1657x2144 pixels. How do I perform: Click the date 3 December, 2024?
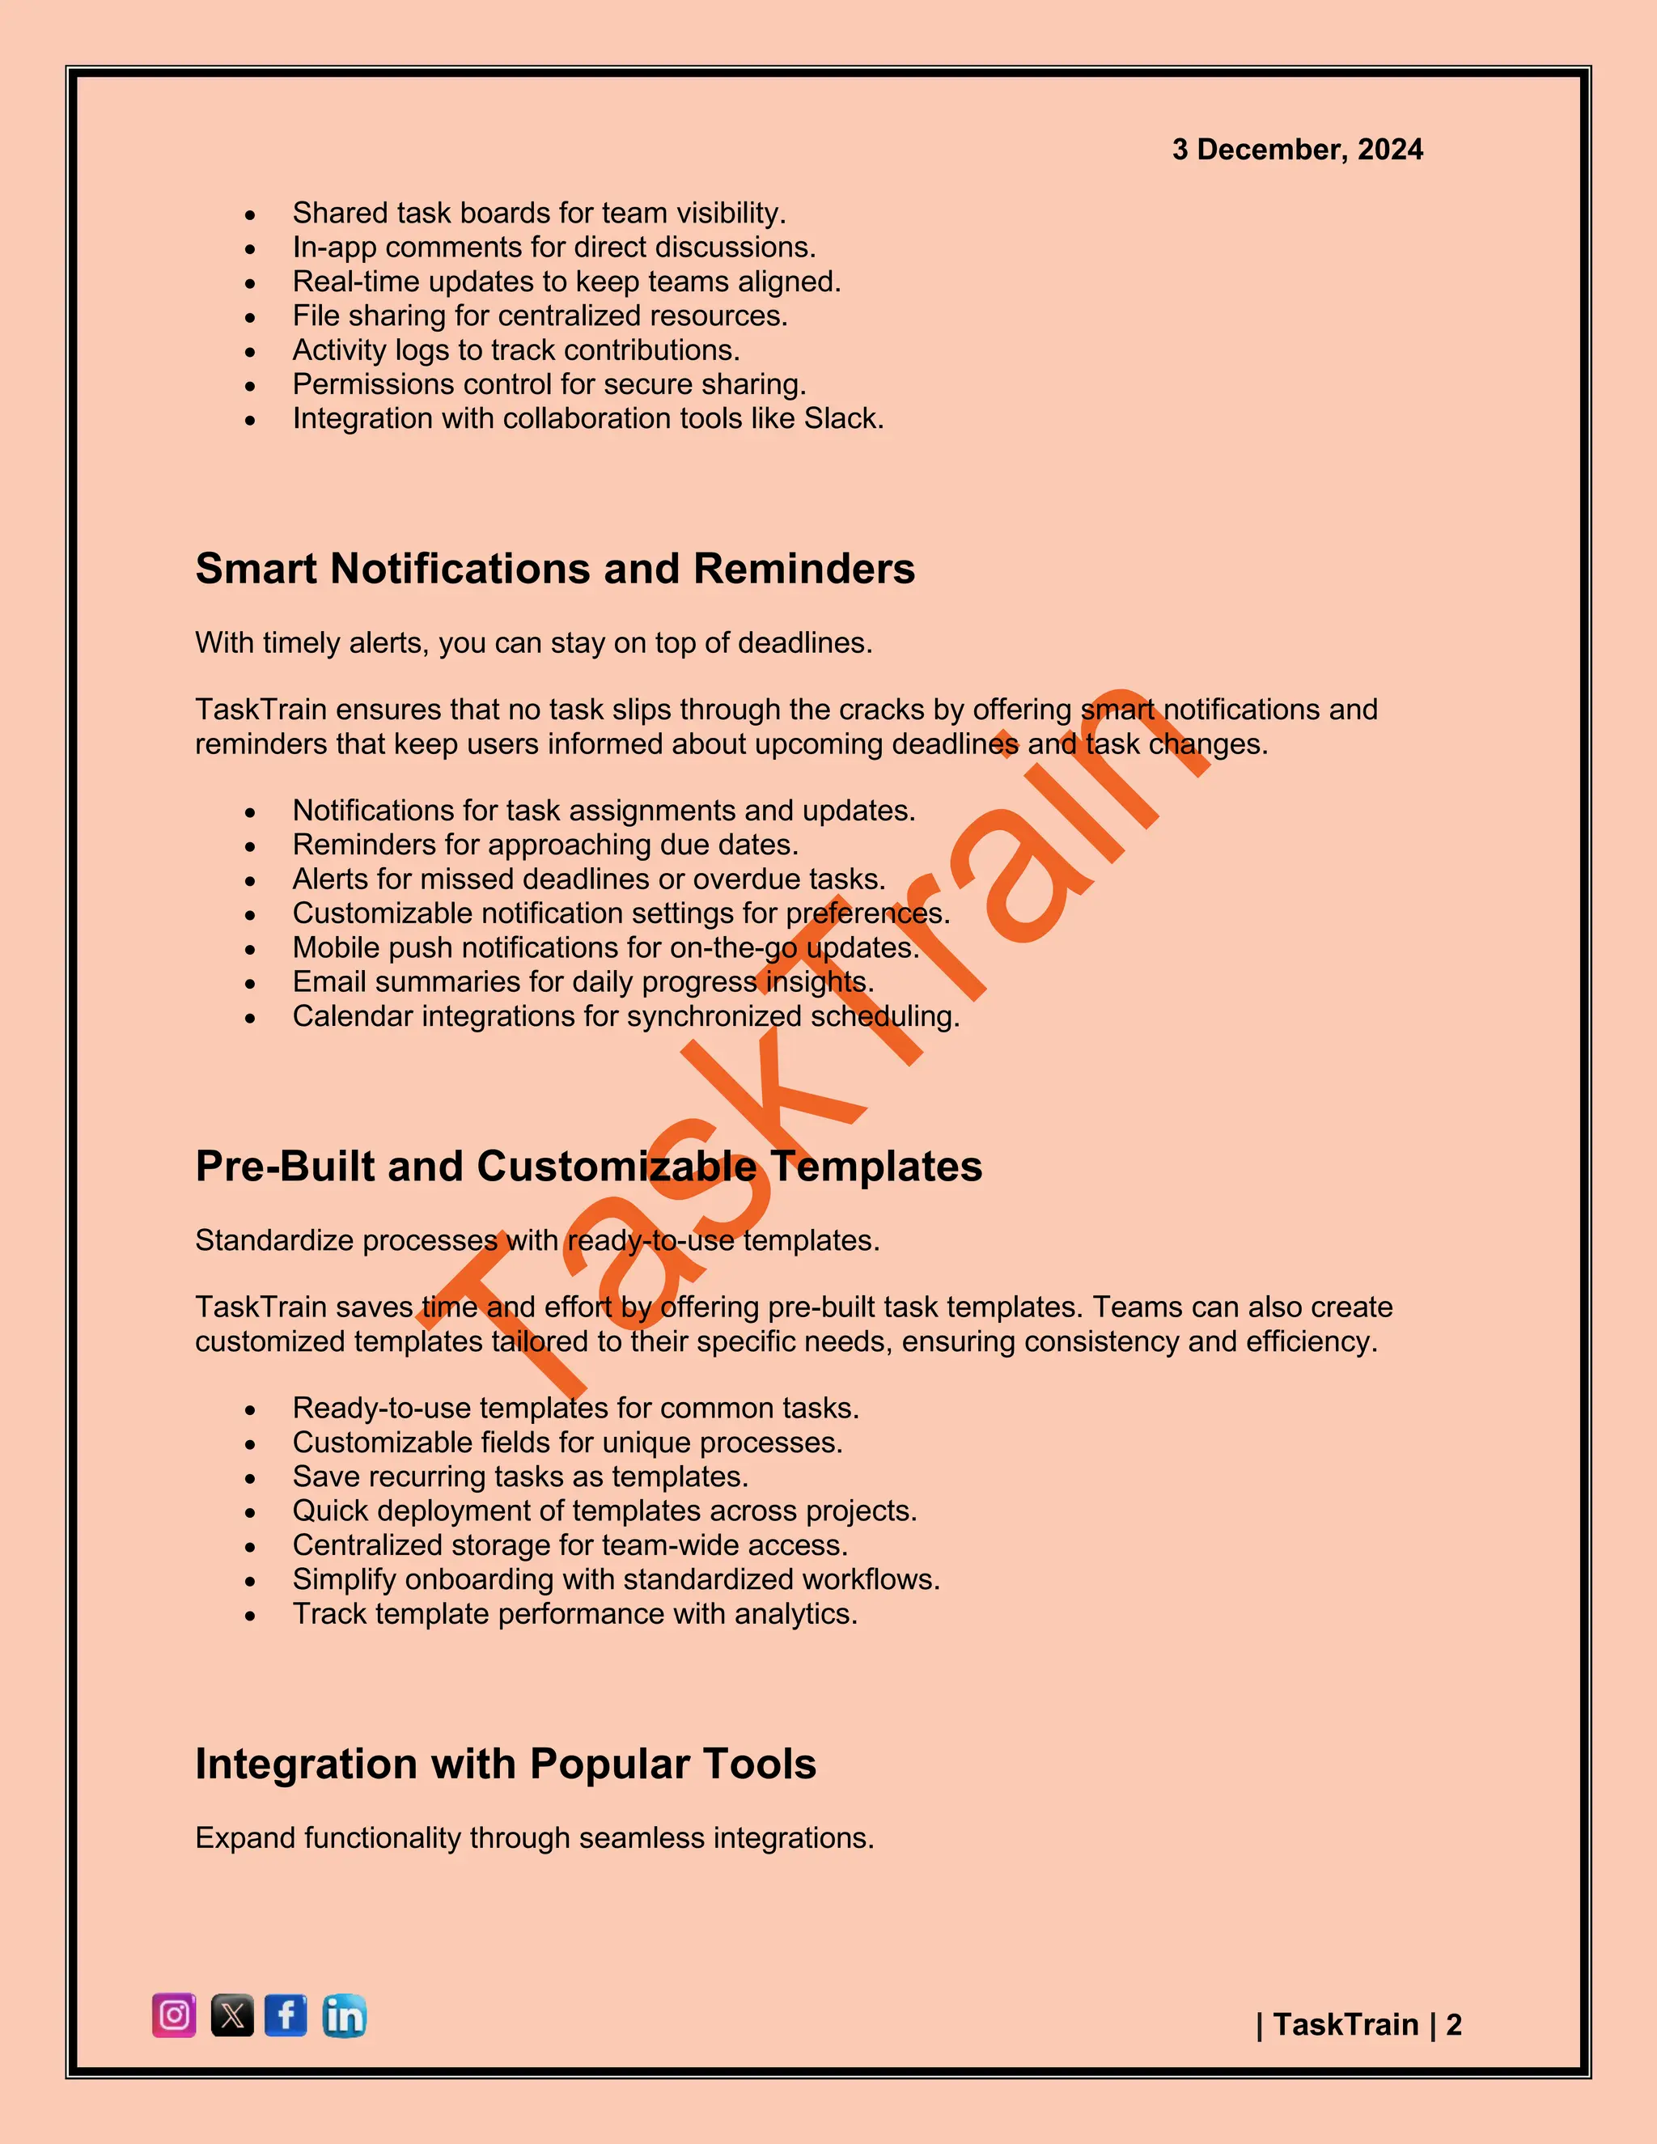tap(1297, 149)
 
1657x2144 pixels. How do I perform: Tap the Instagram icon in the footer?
tap(174, 2015)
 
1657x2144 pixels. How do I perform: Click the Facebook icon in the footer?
tap(286, 2015)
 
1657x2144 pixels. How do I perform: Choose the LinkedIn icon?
tap(344, 2015)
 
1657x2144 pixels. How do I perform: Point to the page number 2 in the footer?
tap(1454, 2024)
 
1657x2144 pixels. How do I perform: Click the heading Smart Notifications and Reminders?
tap(554, 569)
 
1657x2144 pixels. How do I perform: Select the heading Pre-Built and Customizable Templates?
tap(588, 1166)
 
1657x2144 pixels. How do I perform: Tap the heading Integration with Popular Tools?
tap(506, 1764)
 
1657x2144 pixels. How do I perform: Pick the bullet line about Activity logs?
tap(516, 350)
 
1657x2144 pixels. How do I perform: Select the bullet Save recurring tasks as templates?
tap(520, 1477)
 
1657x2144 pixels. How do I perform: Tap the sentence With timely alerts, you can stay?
tap(533, 643)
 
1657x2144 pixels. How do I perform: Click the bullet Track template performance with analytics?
tap(575, 1614)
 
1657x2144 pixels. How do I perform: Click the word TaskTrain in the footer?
tap(1346, 2024)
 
